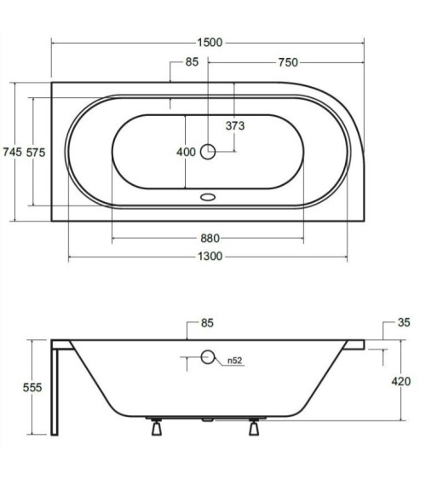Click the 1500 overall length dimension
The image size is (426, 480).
pyautogui.click(x=210, y=43)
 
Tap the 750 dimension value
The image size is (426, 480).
pyautogui.click(x=288, y=62)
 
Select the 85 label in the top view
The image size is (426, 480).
pyautogui.click(x=192, y=62)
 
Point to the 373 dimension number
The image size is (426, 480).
pyautogui.click(x=235, y=126)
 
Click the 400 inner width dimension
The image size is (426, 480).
pyautogui.click(x=186, y=152)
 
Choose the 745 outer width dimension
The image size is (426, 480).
pyautogui.click(x=13, y=152)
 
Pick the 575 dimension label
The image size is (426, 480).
pyautogui.click(x=36, y=153)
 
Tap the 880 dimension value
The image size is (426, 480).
pyautogui.click(x=210, y=238)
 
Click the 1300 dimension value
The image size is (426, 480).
pyautogui.click(x=210, y=257)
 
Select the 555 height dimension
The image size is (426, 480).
pyautogui.click(x=32, y=388)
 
